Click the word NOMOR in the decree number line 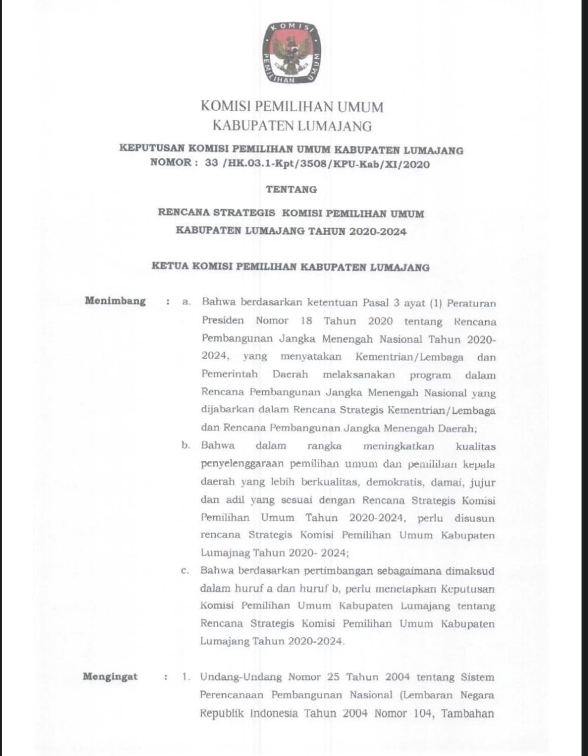tap(171, 164)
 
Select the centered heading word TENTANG tap(291, 190)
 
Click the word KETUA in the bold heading tap(170, 267)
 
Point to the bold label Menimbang tap(115, 301)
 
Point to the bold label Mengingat tap(111, 677)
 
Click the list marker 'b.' tap(186, 445)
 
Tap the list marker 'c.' tap(186, 571)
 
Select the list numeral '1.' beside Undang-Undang tap(187, 677)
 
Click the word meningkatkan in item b tap(399, 446)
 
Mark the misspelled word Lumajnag tap(225, 553)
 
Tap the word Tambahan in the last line tap(469, 713)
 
